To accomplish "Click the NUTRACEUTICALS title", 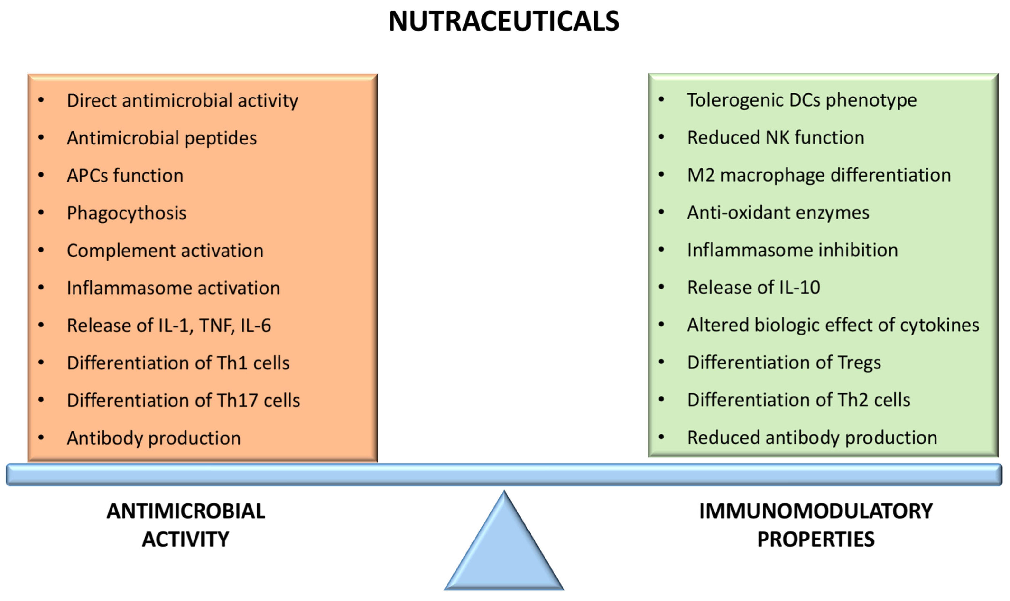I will coord(504,21).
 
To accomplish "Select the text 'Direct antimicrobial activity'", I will coord(182,100).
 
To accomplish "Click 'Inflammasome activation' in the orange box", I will coord(173,288).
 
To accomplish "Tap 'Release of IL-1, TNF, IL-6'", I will coord(169,326).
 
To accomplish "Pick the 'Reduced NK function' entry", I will coord(776,138).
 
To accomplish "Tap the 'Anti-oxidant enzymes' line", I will coord(778,213).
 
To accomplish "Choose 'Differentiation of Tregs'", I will coord(784,363).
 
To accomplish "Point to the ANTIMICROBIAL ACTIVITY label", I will coord(186,525).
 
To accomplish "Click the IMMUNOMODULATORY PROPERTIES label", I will coord(816,525).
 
